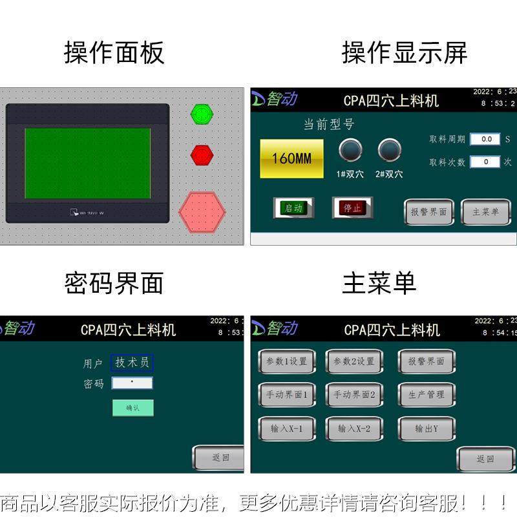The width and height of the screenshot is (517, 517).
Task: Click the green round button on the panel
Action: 202,115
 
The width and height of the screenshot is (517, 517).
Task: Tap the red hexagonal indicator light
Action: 202,155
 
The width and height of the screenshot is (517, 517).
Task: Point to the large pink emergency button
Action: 202,211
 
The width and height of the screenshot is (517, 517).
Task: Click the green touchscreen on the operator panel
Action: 88,163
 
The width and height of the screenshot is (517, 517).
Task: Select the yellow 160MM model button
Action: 291,158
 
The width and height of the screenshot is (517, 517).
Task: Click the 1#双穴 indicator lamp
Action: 351,151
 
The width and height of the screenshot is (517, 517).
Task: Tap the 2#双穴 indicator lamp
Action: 389,151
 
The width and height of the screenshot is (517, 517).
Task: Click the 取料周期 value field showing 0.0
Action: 485,139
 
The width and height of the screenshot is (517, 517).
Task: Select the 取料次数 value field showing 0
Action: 485,162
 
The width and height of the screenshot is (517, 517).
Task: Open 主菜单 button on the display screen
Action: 485,212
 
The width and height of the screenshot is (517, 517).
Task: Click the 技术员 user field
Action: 132,363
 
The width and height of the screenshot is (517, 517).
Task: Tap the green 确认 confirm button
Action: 132,408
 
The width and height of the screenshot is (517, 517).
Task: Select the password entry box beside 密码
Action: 132,383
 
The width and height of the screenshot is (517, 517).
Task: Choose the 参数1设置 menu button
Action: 286,362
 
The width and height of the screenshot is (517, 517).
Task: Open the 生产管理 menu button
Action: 426,395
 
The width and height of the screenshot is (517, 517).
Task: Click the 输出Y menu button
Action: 426,428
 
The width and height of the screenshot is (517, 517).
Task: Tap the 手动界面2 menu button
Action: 353,395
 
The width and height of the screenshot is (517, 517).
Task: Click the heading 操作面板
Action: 114,52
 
